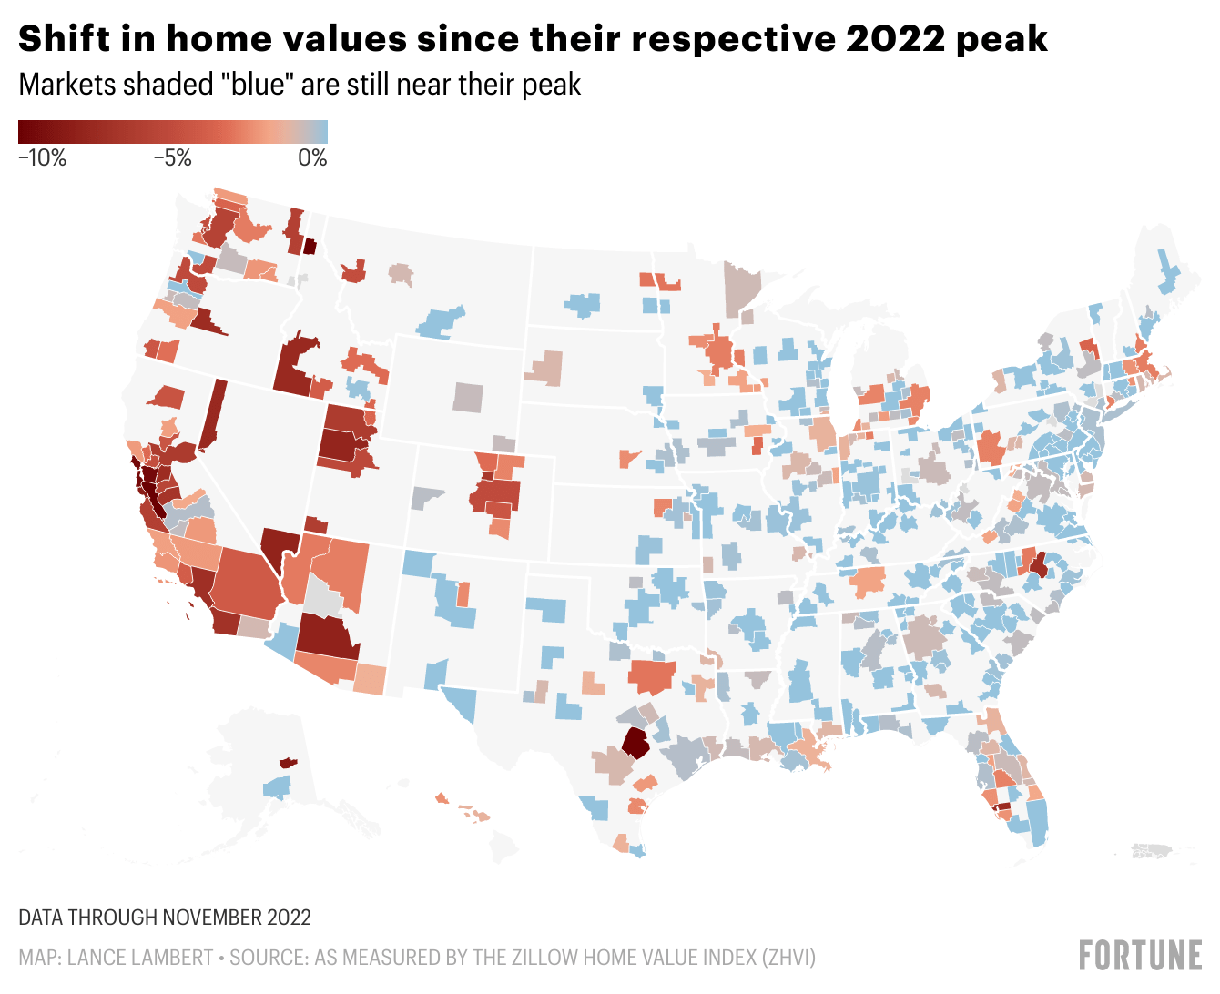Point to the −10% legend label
(x=43, y=158)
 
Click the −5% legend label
(x=172, y=158)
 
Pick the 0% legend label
(x=312, y=158)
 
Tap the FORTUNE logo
(x=1140, y=955)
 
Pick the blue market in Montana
(x=442, y=322)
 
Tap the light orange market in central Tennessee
(x=868, y=581)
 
